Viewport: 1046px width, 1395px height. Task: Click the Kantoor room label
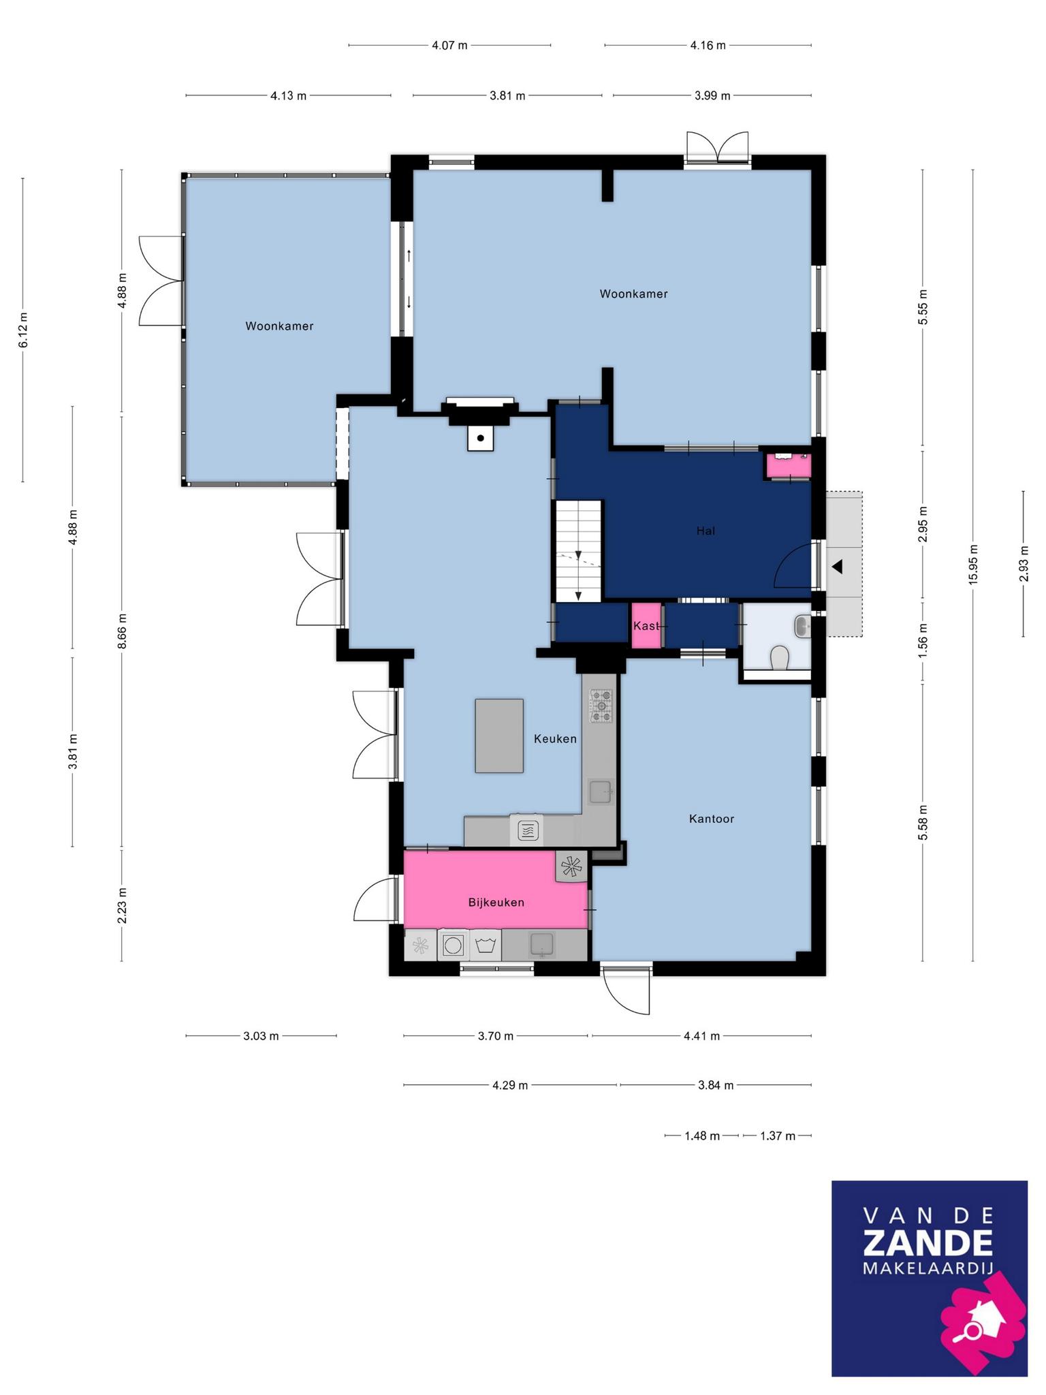click(x=712, y=819)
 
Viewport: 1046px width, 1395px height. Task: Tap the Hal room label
click(x=706, y=531)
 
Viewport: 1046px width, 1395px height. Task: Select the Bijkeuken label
click(x=496, y=903)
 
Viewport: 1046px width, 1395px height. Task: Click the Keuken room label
click(x=555, y=739)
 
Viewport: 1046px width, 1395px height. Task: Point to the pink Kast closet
click(x=646, y=625)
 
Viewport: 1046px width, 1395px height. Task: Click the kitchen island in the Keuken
click(x=499, y=736)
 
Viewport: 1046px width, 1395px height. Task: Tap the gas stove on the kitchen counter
click(x=601, y=706)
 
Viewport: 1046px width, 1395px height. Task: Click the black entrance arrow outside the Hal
click(x=837, y=566)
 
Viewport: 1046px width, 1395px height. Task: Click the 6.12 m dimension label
click(x=23, y=330)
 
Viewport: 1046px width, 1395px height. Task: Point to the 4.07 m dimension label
click(x=449, y=46)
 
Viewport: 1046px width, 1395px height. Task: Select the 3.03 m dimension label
click(x=261, y=1037)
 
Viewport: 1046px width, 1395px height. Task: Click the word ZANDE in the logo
click(x=928, y=1243)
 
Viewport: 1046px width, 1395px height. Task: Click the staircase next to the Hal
click(x=578, y=551)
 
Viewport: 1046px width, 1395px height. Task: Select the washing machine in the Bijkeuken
click(x=452, y=945)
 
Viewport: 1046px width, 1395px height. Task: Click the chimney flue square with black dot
click(x=481, y=438)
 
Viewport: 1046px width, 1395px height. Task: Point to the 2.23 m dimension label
click(x=123, y=905)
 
